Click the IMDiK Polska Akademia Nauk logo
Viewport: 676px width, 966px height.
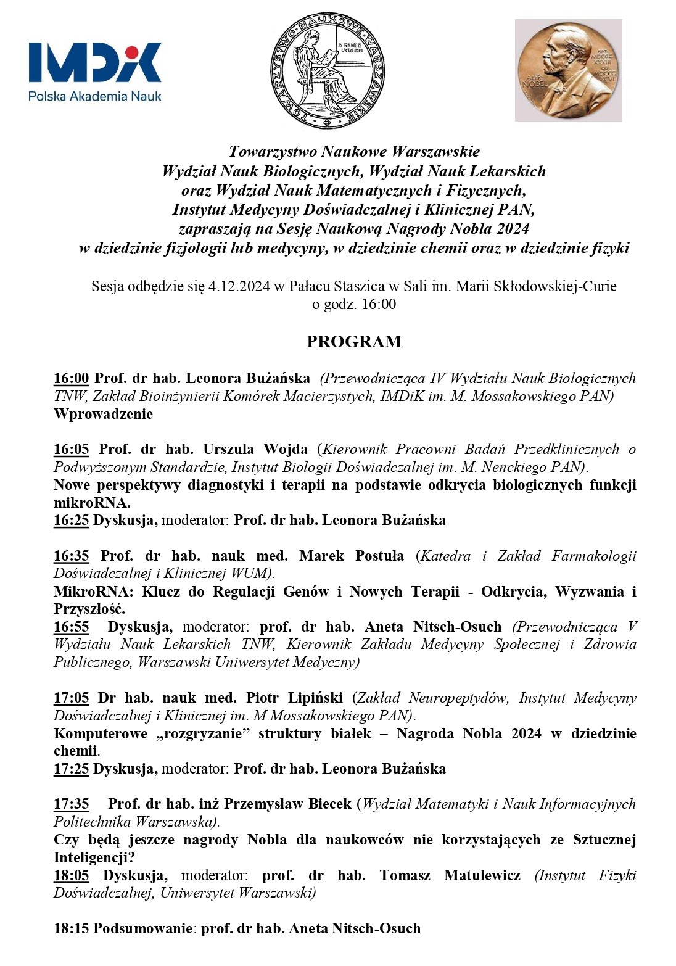[95, 71]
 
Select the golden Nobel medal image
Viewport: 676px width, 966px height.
[568, 70]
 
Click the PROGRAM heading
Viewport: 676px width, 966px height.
[354, 342]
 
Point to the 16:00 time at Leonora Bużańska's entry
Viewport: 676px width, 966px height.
[72, 378]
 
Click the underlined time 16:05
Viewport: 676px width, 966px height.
[72, 449]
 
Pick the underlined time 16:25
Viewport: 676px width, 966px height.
[72, 520]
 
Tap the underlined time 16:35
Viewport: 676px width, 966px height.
[72, 556]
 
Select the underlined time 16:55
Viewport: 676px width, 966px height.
[72, 627]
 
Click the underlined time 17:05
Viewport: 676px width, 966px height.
[72, 698]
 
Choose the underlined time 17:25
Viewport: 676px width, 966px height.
[72, 769]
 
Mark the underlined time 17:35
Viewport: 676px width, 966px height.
[72, 804]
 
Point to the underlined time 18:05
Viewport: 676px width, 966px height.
[72, 875]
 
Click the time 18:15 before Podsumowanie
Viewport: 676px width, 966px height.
[72, 928]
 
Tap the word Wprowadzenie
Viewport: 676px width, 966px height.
[104, 414]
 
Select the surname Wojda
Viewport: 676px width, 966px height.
[286, 449]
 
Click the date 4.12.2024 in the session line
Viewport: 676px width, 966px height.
[239, 286]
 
